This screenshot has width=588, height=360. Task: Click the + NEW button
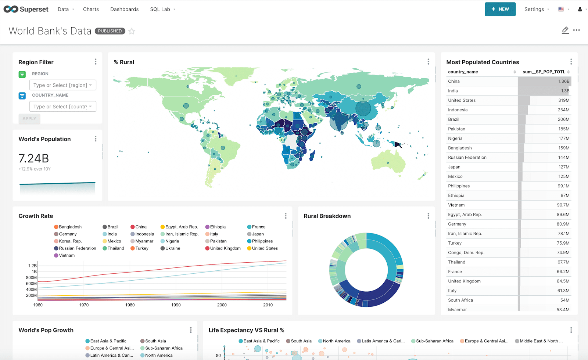tap(500, 9)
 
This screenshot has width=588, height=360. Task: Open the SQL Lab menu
tap(162, 9)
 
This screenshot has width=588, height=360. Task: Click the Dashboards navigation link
tap(124, 9)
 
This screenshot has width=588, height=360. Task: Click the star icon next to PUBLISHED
tap(132, 31)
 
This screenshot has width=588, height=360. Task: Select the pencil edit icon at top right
tap(565, 30)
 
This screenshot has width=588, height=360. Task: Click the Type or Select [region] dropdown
tap(63, 85)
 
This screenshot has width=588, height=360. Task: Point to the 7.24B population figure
tap(34, 158)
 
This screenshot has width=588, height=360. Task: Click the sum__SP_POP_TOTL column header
tap(544, 72)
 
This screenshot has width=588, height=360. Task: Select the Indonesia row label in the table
tap(458, 110)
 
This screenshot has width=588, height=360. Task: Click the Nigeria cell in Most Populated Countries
tap(455, 138)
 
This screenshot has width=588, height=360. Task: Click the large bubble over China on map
tap(363, 108)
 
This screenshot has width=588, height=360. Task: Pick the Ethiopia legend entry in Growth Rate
tap(218, 227)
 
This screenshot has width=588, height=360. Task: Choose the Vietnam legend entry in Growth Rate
tap(67, 256)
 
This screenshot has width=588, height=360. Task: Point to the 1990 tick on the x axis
tap(176, 305)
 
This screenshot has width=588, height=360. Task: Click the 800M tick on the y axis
tap(31, 278)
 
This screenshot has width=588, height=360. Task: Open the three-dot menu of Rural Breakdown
tap(428, 216)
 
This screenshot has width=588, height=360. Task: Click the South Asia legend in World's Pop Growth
tap(155, 341)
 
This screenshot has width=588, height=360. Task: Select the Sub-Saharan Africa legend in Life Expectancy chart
tap(434, 341)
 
